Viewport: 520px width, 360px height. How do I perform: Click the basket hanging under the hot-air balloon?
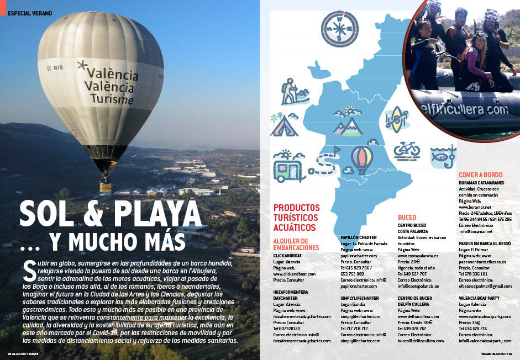click(x=106, y=186)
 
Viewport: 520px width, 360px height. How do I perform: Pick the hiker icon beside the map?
click(x=289, y=91)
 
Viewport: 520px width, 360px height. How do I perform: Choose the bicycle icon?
click(x=407, y=149)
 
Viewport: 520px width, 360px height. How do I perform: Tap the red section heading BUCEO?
click(x=407, y=217)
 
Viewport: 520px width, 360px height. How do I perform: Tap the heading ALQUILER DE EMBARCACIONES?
click(x=296, y=244)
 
